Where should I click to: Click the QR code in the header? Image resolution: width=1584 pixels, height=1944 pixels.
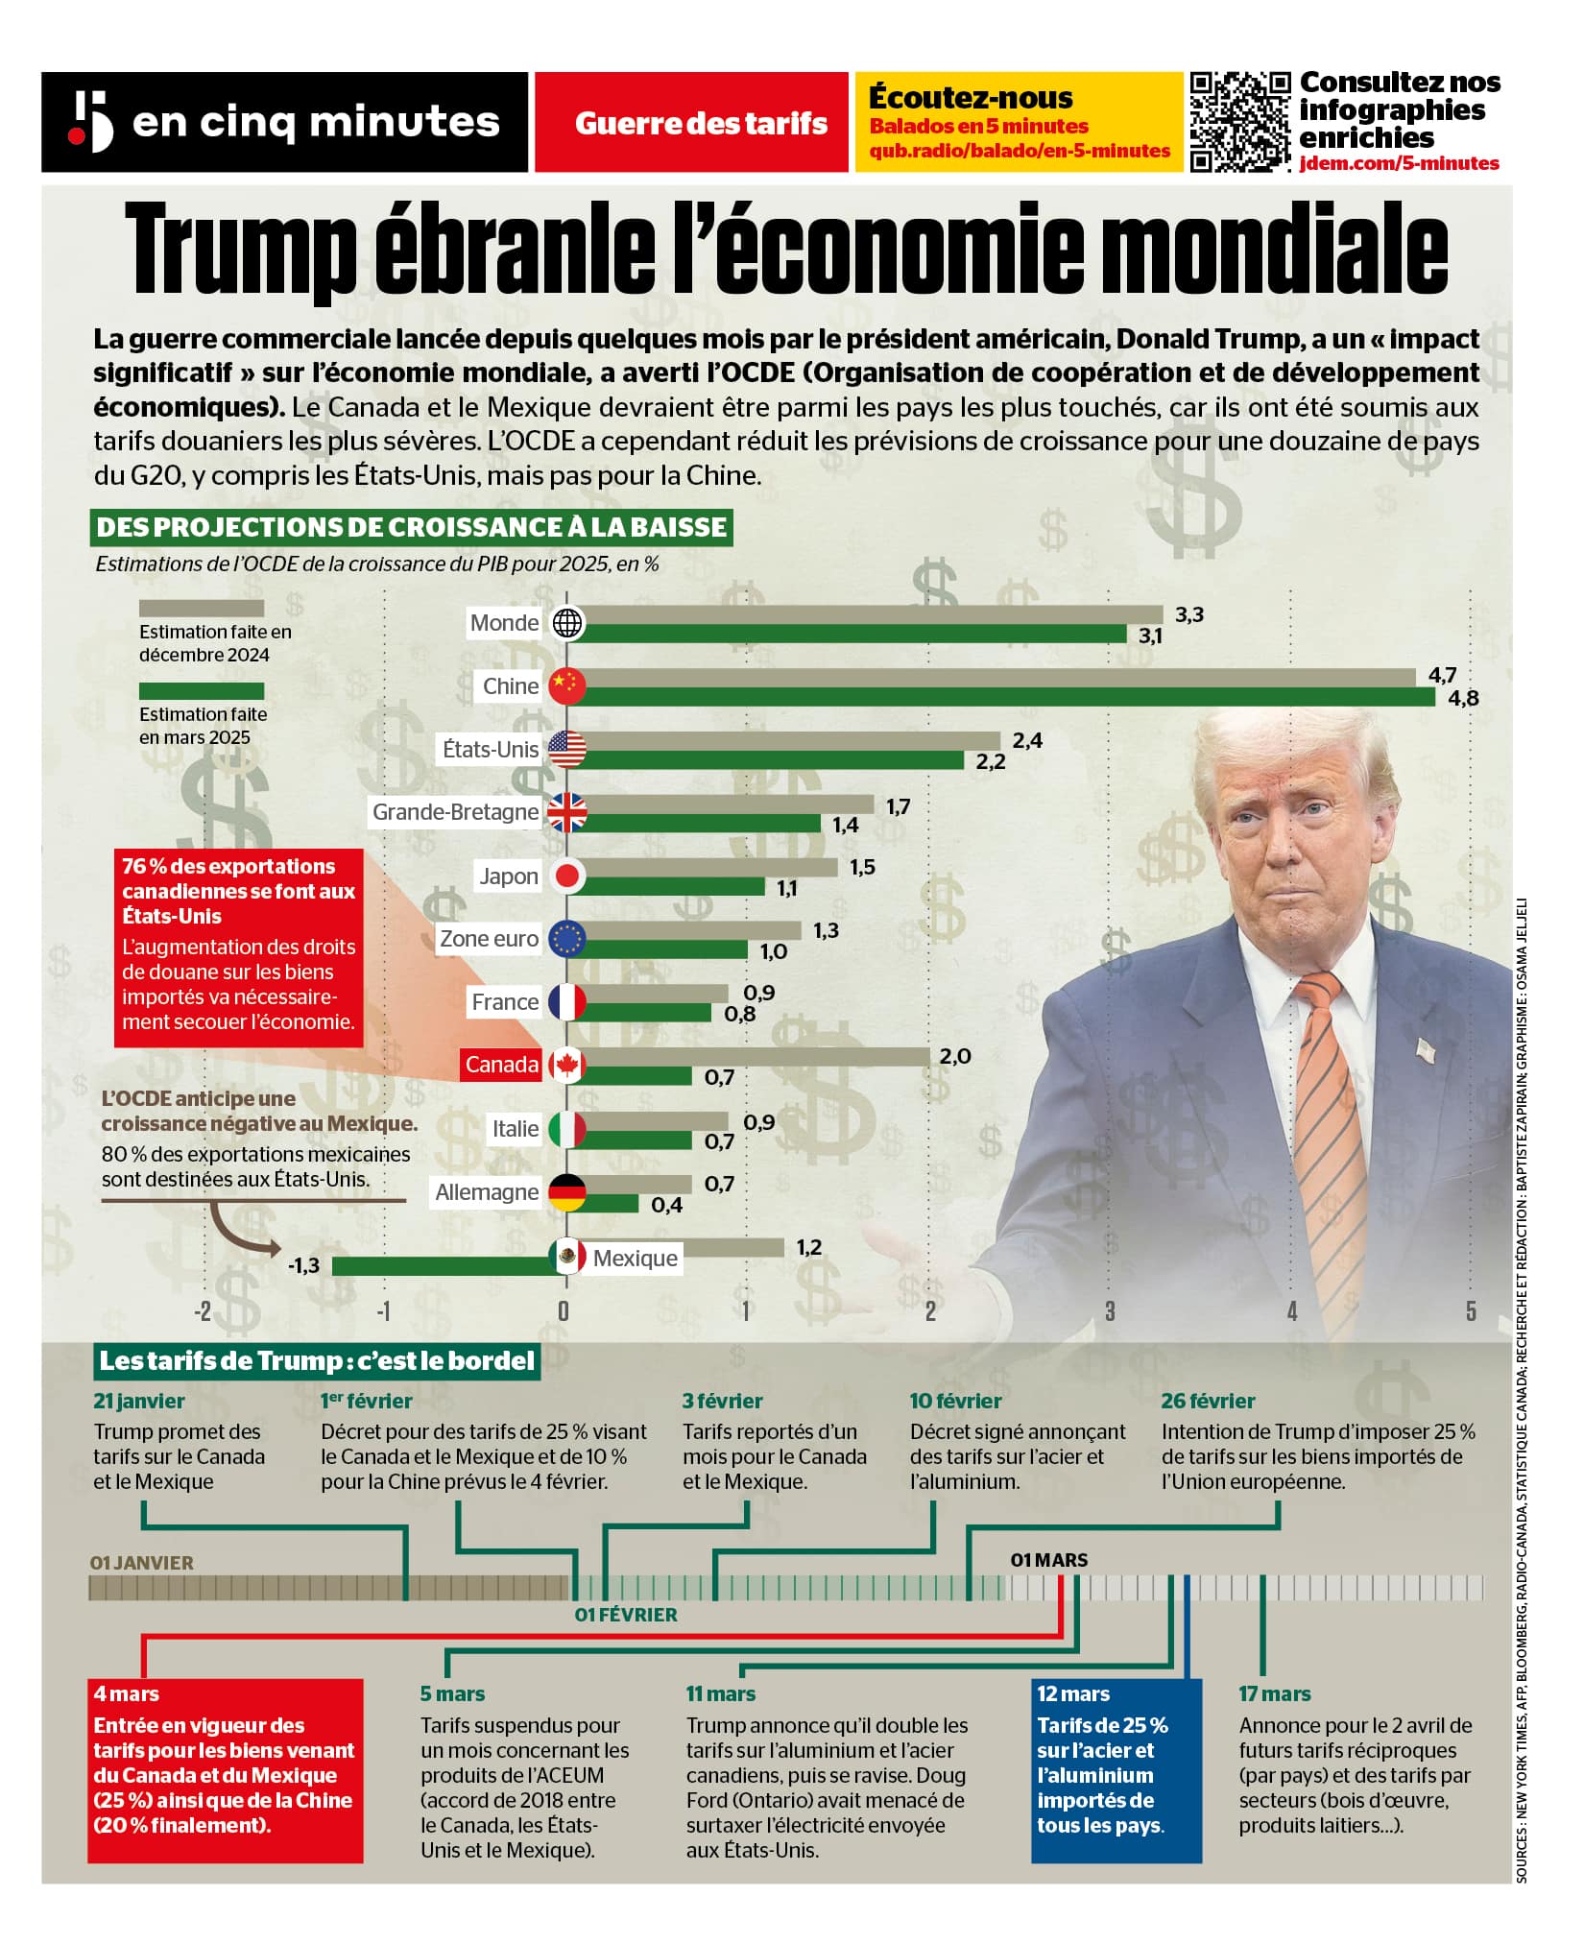coord(1240,122)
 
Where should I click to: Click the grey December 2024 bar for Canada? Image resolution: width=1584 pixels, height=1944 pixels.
coord(758,1056)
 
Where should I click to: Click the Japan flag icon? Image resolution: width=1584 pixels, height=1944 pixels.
coord(567,876)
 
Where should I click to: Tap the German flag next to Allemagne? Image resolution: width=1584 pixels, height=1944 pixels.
coord(567,1192)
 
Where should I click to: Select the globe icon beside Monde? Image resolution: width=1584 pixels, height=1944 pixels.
coord(567,623)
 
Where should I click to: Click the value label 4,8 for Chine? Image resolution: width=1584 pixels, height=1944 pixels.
coord(1463,699)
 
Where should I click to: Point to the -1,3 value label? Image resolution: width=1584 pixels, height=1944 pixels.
coord(303,1265)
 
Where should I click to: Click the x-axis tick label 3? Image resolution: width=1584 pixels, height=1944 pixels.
coord(1110,1311)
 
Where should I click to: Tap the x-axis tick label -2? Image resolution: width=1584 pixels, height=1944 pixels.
coord(203,1311)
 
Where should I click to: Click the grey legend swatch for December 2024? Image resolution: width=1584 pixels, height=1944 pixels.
coord(202,609)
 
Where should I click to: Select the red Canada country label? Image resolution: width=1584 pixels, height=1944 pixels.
coord(501,1065)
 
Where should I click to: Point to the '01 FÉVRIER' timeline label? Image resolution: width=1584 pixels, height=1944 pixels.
coord(626,1615)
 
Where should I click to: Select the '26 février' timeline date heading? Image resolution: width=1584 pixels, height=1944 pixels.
coord(1208,1401)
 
